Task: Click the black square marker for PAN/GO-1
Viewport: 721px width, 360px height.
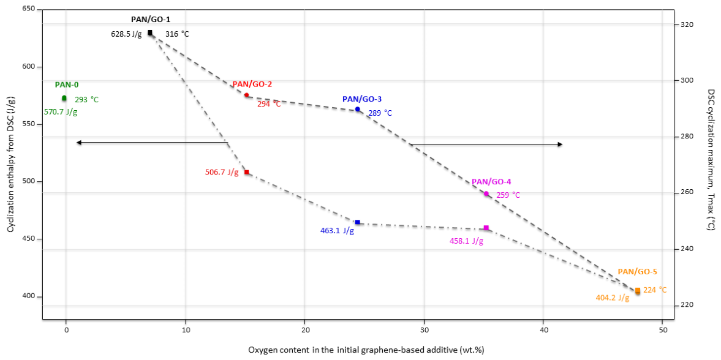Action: click(x=150, y=32)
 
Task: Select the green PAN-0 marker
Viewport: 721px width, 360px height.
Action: click(x=64, y=98)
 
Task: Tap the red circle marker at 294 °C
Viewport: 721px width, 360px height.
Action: click(x=246, y=95)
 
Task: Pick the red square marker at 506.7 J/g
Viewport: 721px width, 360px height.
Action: click(x=246, y=173)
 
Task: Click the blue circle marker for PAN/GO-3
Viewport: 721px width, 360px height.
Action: click(x=357, y=109)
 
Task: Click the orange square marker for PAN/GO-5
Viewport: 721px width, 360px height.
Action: click(x=637, y=291)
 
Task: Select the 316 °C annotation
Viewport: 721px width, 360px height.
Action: click(x=177, y=34)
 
